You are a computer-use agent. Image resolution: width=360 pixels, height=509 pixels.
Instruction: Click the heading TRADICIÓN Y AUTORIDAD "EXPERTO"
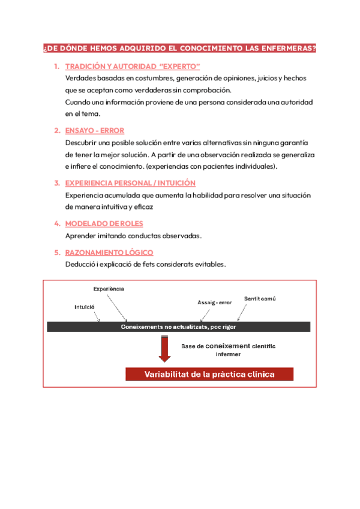[x=132, y=66]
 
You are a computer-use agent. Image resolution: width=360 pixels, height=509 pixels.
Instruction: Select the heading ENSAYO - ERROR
[x=94, y=130]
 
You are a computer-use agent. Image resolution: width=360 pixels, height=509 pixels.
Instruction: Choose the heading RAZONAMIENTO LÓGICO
[x=109, y=253]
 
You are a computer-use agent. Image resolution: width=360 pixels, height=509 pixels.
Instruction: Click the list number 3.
[x=56, y=183]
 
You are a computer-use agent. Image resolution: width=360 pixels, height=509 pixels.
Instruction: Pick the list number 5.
[x=56, y=253]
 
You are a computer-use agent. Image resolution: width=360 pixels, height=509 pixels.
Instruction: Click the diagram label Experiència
[x=109, y=289]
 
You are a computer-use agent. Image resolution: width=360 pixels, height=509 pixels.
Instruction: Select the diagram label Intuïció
[x=85, y=307]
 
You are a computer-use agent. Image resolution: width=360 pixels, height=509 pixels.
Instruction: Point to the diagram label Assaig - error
[x=214, y=302]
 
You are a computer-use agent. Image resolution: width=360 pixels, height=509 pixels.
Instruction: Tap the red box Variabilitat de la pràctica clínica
[x=209, y=375]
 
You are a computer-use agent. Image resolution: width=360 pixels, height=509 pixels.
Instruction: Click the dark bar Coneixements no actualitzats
[x=178, y=327]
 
